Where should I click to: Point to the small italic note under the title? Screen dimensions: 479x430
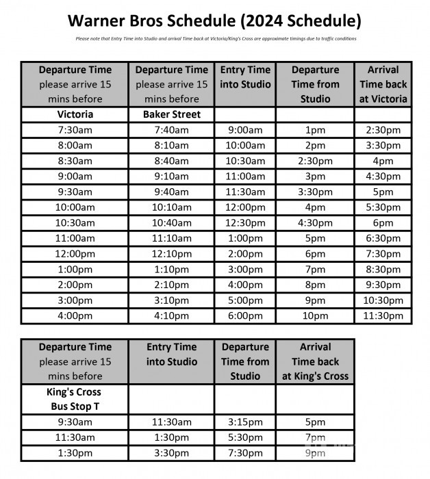coord(215,38)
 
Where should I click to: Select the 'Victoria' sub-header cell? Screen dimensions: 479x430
coord(75,114)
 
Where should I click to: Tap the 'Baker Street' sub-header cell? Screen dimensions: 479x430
coord(172,114)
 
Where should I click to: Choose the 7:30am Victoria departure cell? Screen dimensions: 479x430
coord(75,130)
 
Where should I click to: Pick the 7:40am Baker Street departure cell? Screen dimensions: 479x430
coord(172,130)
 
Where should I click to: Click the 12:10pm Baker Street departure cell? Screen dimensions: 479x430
coord(172,254)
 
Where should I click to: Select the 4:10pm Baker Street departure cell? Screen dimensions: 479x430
coord(172,316)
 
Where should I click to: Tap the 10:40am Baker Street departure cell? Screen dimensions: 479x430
coord(172,223)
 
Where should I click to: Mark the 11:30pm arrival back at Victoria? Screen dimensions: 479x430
coord(383,316)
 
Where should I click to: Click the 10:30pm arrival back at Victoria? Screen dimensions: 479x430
coord(383,300)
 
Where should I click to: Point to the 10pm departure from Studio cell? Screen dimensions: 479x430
coord(315,316)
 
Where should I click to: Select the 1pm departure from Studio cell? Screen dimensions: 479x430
coord(315,130)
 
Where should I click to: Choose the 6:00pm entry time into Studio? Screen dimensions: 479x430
coord(246,316)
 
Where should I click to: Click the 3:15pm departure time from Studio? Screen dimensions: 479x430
coord(245,423)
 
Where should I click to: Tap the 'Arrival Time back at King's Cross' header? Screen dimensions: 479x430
coord(315,361)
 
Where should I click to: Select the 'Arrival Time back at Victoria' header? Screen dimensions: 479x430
coord(383,84)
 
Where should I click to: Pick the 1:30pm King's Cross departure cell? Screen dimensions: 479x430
coord(75,453)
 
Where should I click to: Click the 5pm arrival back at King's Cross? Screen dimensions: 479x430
coord(315,423)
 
